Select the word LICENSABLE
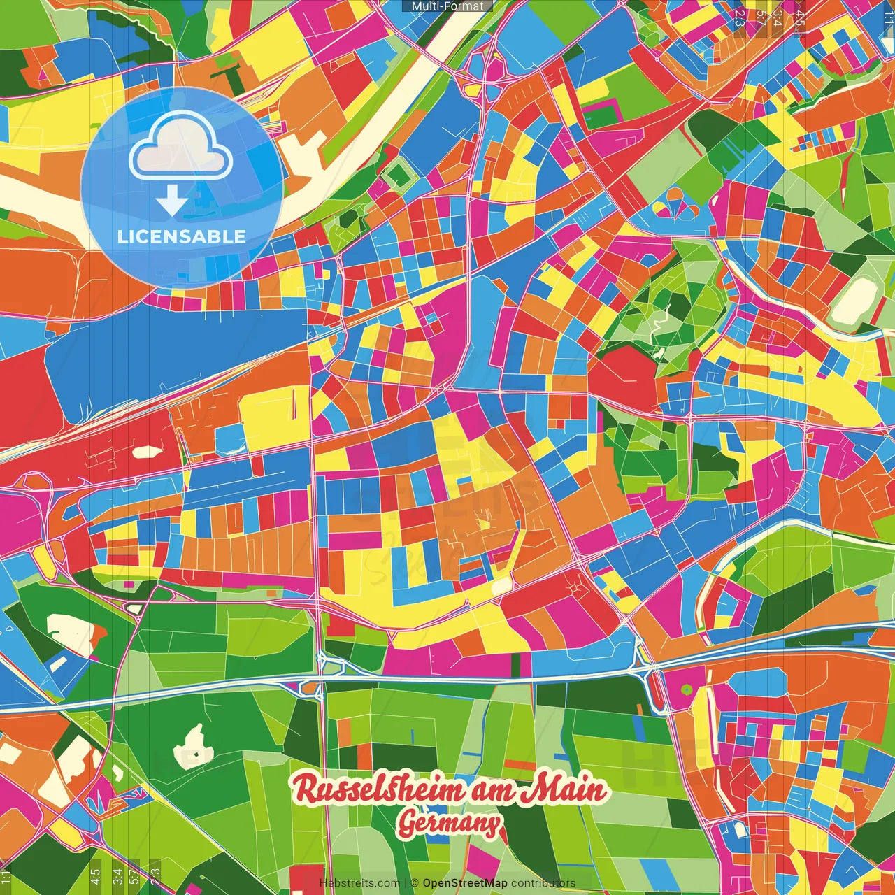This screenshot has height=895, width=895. (x=182, y=236)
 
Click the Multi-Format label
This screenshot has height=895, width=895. (x=447, y=6)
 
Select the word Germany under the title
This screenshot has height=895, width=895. (x=449, y=824)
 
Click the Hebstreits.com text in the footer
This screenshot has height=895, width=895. (x=359, y=883)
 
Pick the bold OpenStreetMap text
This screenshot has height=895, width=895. (x=465, y=883)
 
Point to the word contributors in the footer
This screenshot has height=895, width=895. (x=543, y=883)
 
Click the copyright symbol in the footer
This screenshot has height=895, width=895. (x=415, y=883)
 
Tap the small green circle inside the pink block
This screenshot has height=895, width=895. (x=687, y=690)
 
